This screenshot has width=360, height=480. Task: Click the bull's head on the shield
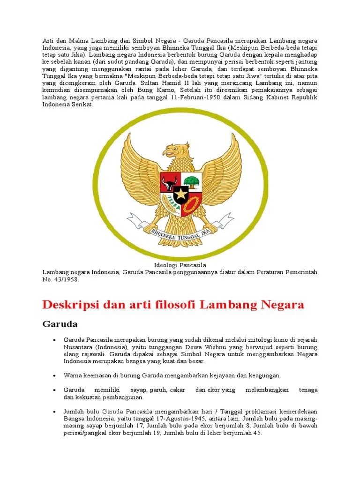coord(169,180)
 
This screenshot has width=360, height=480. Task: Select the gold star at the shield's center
coord(180,194)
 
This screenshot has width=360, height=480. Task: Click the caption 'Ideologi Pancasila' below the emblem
coord(180,265)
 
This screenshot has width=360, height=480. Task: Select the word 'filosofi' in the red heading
coord(173,305)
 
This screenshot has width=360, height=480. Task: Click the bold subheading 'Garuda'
coord(60,324)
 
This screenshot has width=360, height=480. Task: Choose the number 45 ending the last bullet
coord(257,433)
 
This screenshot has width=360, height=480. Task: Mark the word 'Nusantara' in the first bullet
coord(77,347)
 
